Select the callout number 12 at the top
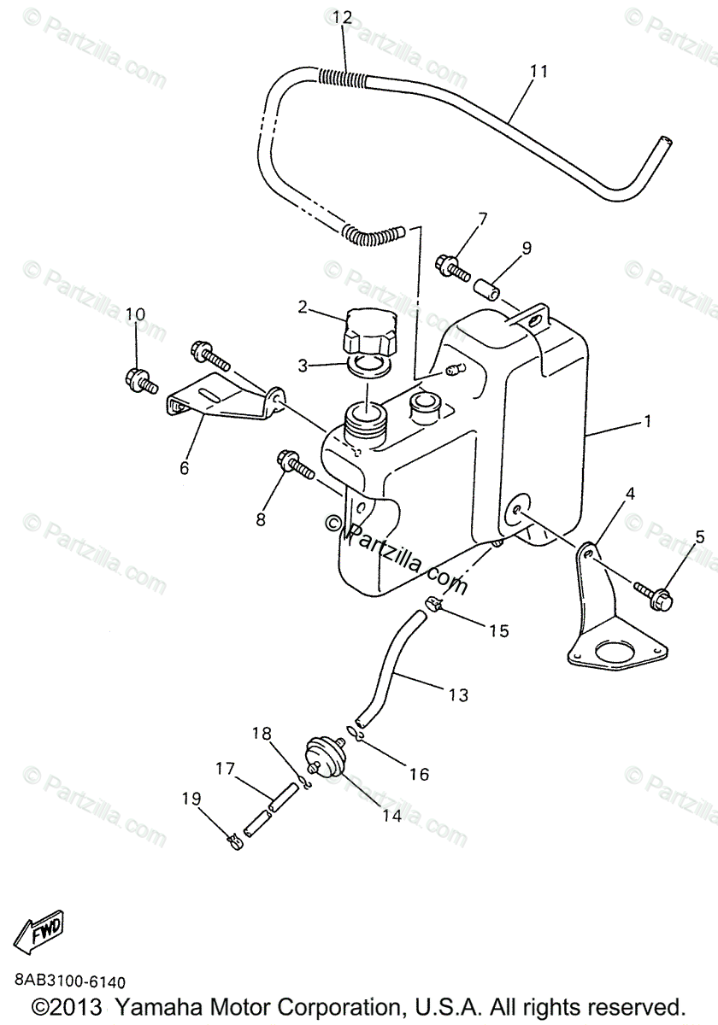click(x=343, y=16)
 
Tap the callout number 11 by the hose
click(x=538, y=71)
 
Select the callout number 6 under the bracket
click(x=184, y=468)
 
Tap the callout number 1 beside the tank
click(x=647, y=420)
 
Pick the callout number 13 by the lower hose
click(x=458, y=695)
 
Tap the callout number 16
click(x=418, y=775)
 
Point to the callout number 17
click(x=225, y=769)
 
